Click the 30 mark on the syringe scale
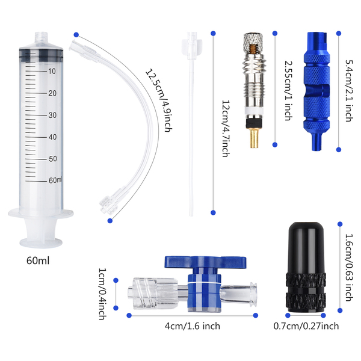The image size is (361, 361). click(52, 115)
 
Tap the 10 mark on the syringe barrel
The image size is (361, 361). click(52, 71)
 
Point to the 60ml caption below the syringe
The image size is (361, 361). click(38, 261)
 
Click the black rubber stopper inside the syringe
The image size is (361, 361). click(41, 55)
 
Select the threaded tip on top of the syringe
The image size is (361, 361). click(42, 37)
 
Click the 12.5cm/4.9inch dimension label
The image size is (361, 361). click(159, 100)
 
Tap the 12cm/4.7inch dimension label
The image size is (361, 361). click(226, 129)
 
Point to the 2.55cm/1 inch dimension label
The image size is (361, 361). click(288, 91)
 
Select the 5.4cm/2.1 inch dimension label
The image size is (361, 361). click(349, 91)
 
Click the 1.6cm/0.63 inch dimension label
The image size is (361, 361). click(349, 268)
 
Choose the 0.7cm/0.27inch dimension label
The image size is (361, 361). click(306, 326)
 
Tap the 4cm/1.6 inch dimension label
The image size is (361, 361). click(193, 326)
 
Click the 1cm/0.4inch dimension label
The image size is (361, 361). click(102, 294)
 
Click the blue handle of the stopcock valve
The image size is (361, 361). click(205, 262)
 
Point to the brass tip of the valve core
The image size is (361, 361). click(254, 138)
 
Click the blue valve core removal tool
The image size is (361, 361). click(316, 91)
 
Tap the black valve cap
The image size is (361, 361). click(306, 268)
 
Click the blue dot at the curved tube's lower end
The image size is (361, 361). click(110, 221)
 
